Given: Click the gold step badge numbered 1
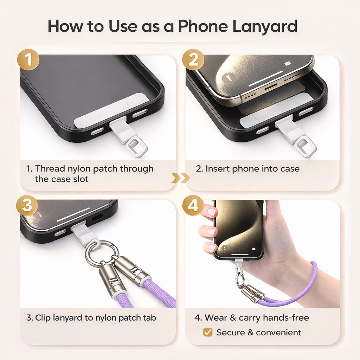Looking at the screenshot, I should (28, 59).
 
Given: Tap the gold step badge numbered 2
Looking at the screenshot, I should (193, 59).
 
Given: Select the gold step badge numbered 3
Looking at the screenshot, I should (27, 205).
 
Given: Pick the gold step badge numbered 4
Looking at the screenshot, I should (193, 205).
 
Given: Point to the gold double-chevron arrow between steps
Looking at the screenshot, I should (180, 178).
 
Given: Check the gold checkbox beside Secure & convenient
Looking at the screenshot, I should (208, 332).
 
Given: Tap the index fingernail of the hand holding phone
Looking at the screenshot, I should (212, 212).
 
